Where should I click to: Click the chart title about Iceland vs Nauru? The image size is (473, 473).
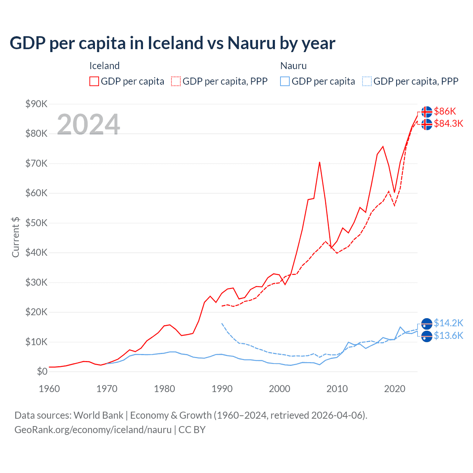(172, 43)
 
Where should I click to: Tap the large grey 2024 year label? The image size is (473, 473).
(88, 124)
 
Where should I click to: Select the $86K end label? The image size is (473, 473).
(445, 111)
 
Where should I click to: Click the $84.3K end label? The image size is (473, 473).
(448, 123)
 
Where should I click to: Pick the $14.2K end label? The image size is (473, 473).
(448, 323)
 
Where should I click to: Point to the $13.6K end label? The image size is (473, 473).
(448, 336)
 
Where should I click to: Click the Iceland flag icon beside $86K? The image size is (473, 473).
(427, 112)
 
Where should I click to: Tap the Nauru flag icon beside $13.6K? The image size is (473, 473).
(427, 336)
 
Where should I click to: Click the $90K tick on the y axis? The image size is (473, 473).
(36, 104)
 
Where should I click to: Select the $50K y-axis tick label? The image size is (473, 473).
(36, 223)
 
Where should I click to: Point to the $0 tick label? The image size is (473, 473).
(42, 371)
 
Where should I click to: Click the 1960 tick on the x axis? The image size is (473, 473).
(49, 389)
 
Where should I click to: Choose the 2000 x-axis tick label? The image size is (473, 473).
(279, 389)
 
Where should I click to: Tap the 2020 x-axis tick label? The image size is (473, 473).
(395, 389)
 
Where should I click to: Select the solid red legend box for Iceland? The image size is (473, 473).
(94, 81)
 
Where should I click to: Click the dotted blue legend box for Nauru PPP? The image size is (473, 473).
(367, 81)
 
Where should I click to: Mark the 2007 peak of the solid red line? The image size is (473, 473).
(320, 162)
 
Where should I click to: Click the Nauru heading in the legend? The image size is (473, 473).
(293, 66)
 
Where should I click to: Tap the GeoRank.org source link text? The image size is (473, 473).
(93, 430)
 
